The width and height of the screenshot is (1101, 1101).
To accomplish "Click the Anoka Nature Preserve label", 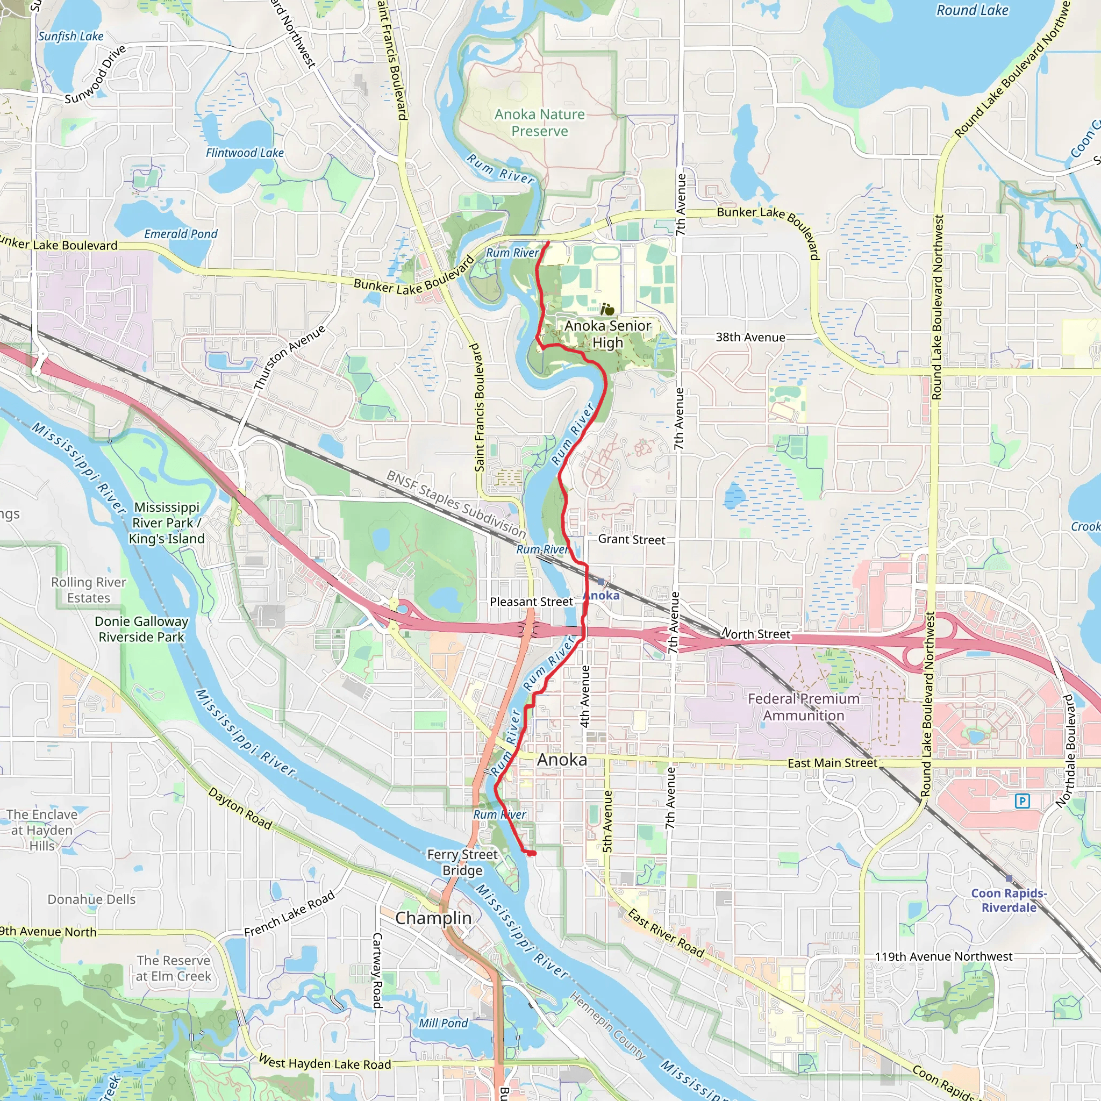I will tap(539, 123).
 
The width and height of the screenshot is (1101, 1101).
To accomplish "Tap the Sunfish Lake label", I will tap(70, 37).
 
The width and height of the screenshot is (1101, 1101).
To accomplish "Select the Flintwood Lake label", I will tap(245, 153).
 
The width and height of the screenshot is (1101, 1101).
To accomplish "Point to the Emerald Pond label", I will tap(181, 234).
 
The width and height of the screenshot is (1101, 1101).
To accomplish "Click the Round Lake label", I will tap(972, 10).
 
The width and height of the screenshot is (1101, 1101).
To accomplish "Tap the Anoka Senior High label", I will tap(607, 334).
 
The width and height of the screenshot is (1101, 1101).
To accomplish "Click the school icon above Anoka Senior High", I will tap(607, 310).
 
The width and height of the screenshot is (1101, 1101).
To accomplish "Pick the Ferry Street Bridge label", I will tap(462, 862).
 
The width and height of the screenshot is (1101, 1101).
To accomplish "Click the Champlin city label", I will tap(433, 918).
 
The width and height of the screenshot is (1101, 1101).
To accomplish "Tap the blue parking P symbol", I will tap(1023, 801).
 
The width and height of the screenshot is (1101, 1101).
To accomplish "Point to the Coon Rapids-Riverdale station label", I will tap(1009, 900).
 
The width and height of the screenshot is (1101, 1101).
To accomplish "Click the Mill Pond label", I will tap(443, 1023).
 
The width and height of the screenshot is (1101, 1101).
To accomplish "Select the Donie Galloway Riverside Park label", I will tap(141, 629).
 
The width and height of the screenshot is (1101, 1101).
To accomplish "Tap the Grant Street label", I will tap(632, 539).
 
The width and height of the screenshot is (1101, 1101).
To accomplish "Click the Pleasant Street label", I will tap(531, 601).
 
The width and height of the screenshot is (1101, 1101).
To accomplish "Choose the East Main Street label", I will tap(832, 762).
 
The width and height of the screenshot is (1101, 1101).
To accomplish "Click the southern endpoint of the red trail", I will tap(531, 853).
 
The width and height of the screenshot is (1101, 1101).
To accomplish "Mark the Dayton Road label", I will tap(240, 808).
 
